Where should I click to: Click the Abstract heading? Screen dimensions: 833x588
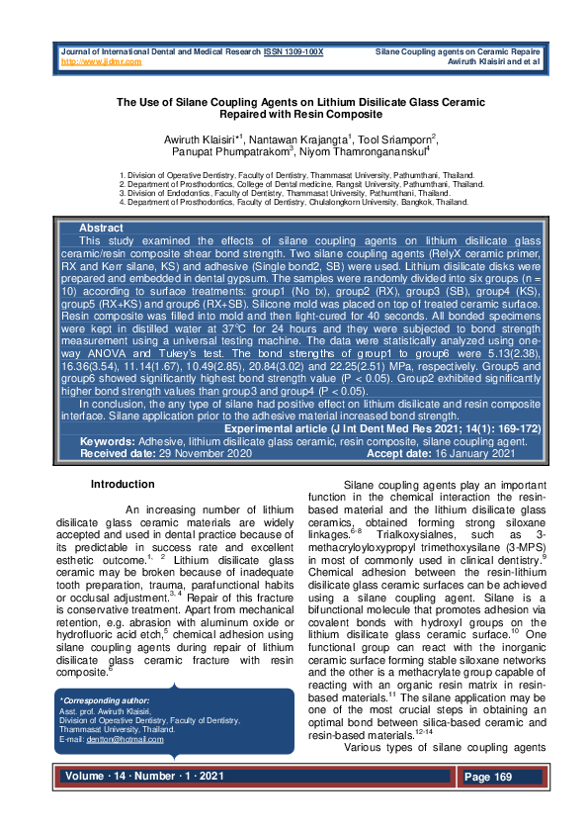101,229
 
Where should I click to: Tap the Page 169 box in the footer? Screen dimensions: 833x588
490,778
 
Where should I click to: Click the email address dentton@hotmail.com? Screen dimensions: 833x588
126,740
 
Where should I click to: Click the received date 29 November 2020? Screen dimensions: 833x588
200,454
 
